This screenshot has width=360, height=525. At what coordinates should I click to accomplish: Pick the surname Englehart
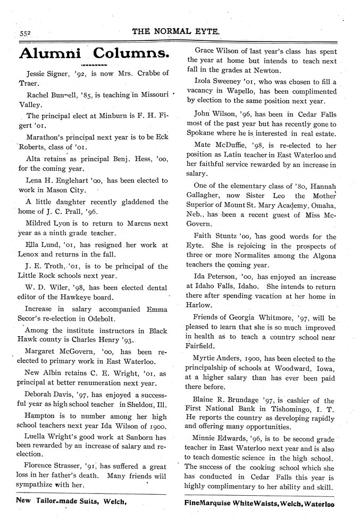point(71,180)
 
